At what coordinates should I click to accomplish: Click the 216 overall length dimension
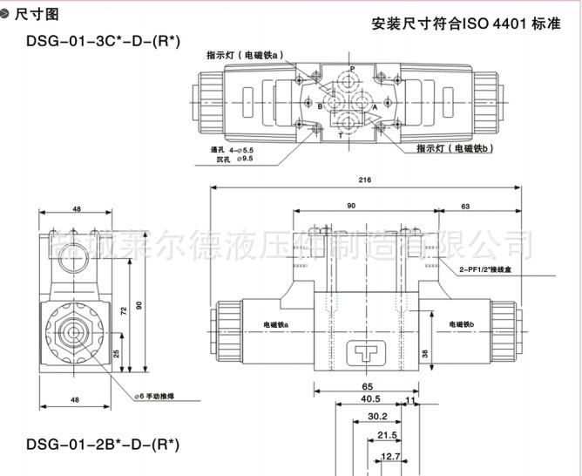pyautogui.click(x=364, y=180)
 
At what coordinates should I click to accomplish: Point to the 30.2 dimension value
pyautogui.click(x=376, y=417)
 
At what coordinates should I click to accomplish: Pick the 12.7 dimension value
pyautogui.click(x=390, y=455)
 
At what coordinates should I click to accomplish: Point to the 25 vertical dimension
pyautogui.click(x=117, y=353)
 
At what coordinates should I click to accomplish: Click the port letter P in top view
pyautogui.click(x=352, y=69)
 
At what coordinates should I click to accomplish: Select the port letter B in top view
pyautogui.click(x=320, y=105)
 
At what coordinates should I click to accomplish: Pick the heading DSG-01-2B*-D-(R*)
pyautogui.click(x=103, y=445)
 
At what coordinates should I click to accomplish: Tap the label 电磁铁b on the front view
pyautogui.click(x=466, y=324)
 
